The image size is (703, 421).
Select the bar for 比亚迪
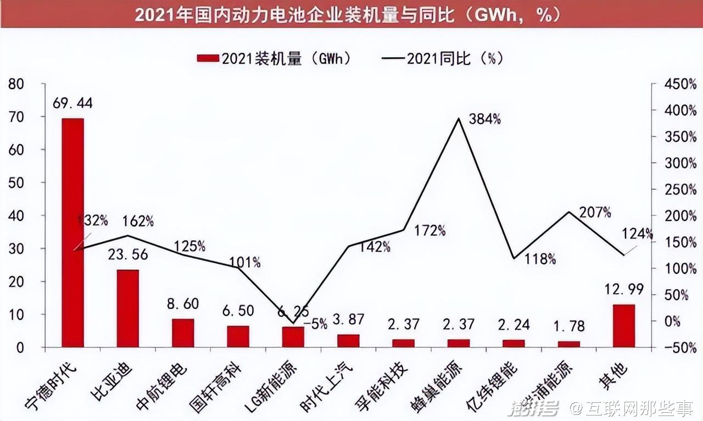tap(127, 308)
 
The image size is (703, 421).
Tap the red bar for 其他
tap(624, 325)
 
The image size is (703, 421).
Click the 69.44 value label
tap(72, 103)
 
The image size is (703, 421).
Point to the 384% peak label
tap(485, 119)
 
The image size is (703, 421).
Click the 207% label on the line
tap(595, 212)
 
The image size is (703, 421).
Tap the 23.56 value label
tap(128, 254)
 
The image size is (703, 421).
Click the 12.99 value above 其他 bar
tap(624, 290)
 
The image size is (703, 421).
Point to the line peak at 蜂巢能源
tap(459, 118)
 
